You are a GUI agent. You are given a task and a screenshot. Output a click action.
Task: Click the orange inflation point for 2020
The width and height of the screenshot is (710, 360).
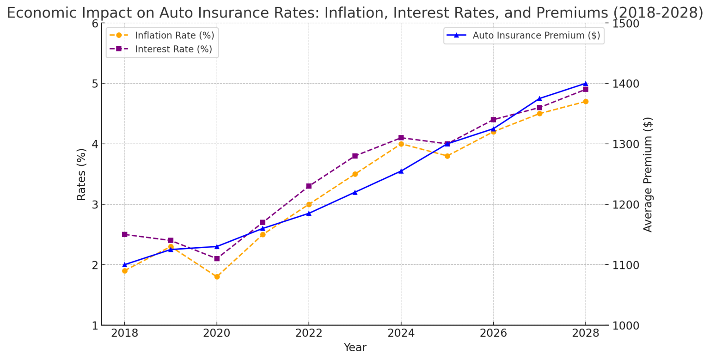[x=217, y=277]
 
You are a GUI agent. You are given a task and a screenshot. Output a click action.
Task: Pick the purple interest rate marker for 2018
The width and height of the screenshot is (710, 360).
[x=124, y=234]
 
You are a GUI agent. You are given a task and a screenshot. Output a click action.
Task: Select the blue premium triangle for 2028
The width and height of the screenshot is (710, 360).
[x=586, y=84]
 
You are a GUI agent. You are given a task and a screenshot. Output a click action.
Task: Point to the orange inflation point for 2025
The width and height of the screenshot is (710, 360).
[x=447, y=156]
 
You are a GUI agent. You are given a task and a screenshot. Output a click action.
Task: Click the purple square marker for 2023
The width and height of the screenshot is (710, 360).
[x=355, y=156]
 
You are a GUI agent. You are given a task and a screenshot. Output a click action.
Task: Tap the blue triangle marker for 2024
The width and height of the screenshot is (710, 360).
[x=401, y=171]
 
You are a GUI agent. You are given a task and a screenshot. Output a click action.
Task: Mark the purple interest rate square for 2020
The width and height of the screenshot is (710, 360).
[x=217, y=259]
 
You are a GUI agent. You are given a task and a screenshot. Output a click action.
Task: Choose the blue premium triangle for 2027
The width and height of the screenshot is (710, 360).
[x=539, y=98]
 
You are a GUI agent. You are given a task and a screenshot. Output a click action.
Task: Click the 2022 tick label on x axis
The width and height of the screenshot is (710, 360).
[x=309, y=334]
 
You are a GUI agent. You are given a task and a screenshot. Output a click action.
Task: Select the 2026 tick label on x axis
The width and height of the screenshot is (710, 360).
[x=493, y=334]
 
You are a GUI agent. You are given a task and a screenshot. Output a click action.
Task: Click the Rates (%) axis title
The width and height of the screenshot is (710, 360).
[x=81, y=174]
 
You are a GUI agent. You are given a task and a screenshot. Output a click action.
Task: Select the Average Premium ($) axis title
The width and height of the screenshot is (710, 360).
[x=648, y=174]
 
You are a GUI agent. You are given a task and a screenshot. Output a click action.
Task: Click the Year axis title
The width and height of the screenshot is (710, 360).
[x=355, y=348]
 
